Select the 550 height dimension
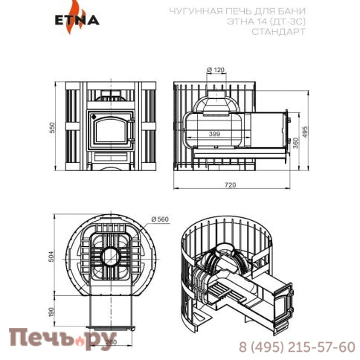53,128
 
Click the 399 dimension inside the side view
215,134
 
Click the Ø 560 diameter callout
160,219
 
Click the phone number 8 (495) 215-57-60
286,347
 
